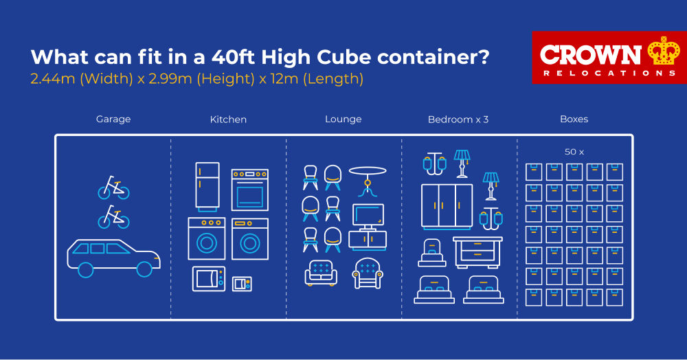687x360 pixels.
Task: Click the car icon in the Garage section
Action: pos(114,258)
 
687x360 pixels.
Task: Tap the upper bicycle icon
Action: pos(113,188)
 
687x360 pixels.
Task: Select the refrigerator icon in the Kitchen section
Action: pos(207,187)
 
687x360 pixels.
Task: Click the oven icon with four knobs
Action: pos(250,190)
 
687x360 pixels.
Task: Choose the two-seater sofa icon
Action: pos(321,273)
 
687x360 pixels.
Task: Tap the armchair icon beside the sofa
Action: pos(368,273)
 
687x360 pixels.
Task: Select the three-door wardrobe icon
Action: pos(447,207)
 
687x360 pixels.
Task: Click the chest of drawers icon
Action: pos(477,252)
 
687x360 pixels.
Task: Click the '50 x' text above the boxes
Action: pos(574,152)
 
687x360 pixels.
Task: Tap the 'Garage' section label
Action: pos(113,119)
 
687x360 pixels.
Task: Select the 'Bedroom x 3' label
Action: pos(458,120)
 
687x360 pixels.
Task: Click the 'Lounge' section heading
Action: pos(343,119)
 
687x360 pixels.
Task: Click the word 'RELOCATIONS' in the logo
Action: pos(609,73)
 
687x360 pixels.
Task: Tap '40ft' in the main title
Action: pos(234,57)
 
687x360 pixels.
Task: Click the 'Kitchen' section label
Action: pos(228,120)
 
